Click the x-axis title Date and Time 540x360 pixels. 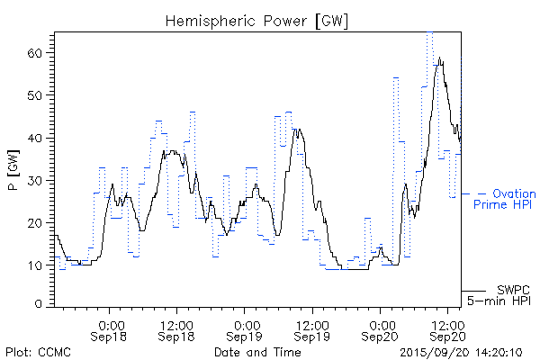point(256,352)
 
